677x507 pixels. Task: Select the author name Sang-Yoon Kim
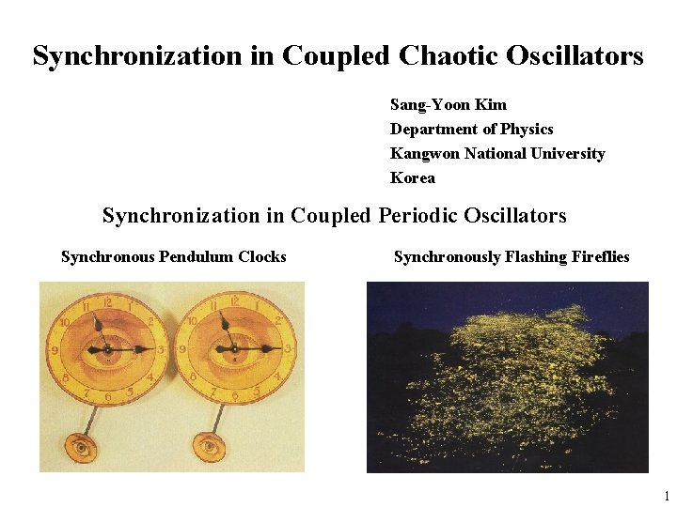click(448, 104)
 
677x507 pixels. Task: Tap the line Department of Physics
click(471, 129)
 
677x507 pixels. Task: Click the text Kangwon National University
click(497, 153)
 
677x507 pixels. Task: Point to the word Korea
click(413, 177)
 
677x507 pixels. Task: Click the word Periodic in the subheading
click(416, 215)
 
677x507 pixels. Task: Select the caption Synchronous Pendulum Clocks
click(173, 256)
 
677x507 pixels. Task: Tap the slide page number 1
click(666, 496)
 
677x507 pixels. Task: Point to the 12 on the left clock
click(106, 301)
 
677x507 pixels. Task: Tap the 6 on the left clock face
click(105, 397)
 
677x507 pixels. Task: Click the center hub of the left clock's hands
click(106, 349)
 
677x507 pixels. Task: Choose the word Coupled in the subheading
click(331, 215)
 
